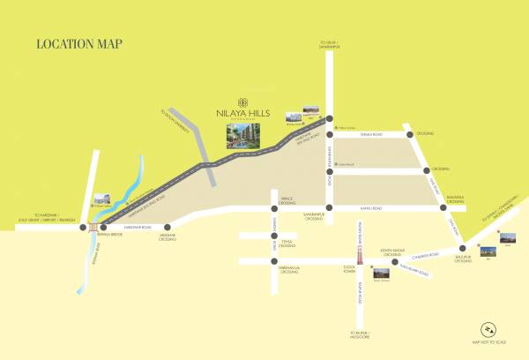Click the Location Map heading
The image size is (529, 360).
78,43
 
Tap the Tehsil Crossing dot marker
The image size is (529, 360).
274,236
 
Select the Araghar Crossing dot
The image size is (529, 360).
167,227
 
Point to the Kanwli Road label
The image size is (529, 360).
370,208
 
